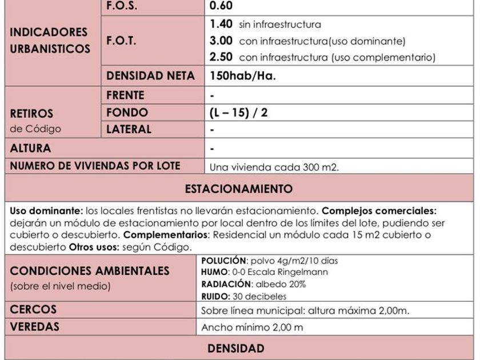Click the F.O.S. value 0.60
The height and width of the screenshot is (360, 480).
tap(221, 6)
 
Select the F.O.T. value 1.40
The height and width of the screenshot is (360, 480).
tap(221, 24)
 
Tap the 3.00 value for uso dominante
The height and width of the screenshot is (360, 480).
tap(221, 41)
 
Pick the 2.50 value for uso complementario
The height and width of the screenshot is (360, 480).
tap(221, 57)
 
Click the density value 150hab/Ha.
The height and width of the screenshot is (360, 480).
tap(243, 76)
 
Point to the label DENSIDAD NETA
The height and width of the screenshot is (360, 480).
tap(150, 76)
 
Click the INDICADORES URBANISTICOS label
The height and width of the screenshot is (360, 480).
tap(50, 40)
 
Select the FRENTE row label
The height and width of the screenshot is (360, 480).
tap(125, 95)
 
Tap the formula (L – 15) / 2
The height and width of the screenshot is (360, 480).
tap(239, 113)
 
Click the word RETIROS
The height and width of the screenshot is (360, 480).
tap(31, 113)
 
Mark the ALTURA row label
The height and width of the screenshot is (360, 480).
tap(30, 148)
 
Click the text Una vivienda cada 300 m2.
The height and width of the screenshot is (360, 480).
tap(274, 167)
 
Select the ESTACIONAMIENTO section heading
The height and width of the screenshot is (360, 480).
tap(239, 189)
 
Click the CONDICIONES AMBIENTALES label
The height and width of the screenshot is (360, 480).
tap(90, 270)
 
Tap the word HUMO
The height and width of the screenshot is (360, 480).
tap(214, 272)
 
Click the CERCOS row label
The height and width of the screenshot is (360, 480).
tap(33, 310)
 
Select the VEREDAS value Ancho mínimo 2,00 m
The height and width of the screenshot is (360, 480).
tap(252, 328)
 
